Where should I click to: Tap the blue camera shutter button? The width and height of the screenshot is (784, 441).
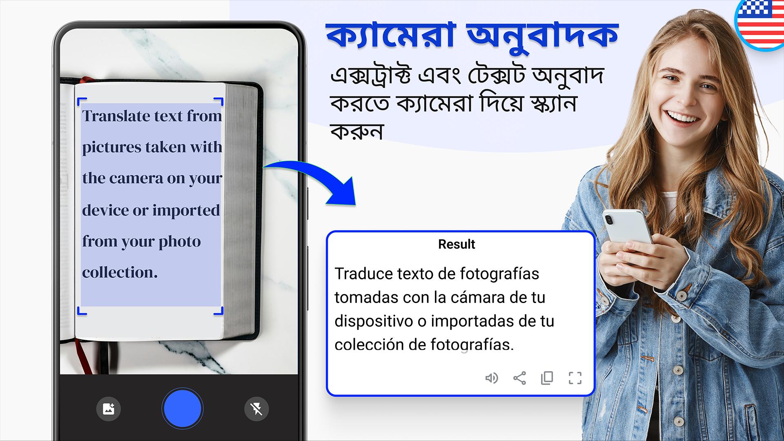pos(182,409)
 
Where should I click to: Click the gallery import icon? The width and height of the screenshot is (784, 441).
pos(109,409)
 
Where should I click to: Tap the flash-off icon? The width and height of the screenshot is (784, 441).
pos(256,409)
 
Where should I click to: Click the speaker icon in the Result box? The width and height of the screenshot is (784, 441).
pos(492,378)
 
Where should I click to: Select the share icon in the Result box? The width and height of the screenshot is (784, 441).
pos(519,378)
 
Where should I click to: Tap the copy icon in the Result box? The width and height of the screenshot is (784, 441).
pos(547,378)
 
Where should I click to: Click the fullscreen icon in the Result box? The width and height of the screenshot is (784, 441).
pos(575,378)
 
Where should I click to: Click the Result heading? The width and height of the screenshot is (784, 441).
pos(457,244)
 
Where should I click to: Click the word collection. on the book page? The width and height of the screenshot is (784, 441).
pos(120,272)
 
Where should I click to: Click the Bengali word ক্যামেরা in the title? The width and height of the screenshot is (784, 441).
pos(391,36)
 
